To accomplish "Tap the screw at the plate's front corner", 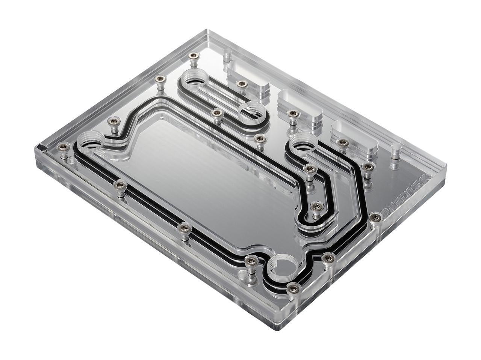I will [293, 288].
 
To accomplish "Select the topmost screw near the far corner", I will [194, 56].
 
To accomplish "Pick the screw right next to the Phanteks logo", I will [375, 216].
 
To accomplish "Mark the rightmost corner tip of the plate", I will [447, 165].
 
